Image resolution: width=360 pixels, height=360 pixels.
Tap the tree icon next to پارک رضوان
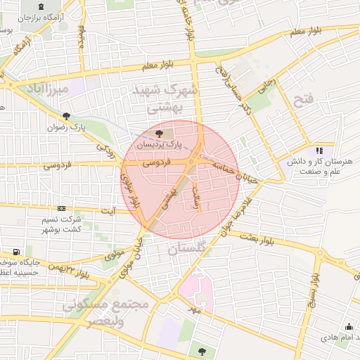tap(67, 116)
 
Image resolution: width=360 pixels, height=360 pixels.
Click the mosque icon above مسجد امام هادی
tap(349, 326)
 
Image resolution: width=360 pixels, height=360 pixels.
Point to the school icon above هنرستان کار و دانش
tap(319, 150)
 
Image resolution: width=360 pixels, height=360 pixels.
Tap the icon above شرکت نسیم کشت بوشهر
tap(62, 209)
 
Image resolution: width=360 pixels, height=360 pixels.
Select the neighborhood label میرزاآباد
tap(49, 90)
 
